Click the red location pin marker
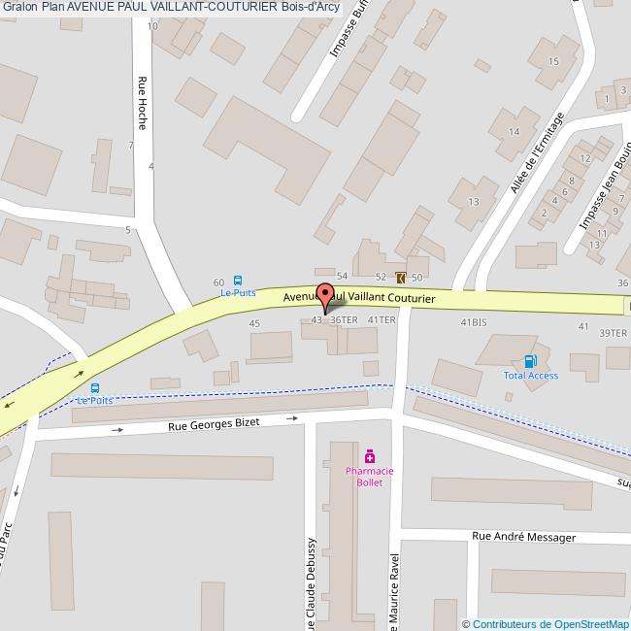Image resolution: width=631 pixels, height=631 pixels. pyautogui.click(x=326, y=295)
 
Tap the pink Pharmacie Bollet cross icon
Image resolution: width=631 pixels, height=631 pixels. pyautogui.click(x=370, y=456)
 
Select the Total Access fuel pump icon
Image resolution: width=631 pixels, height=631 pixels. pyautogui.click(x=530, y=361)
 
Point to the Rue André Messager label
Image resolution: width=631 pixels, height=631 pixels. pyautogui.click(x=523, y=537)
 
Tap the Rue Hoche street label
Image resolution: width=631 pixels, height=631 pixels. pyautogui.click(x=142, y=103)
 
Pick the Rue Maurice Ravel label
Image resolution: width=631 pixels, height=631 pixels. pyautogui.click(x=395, y=592)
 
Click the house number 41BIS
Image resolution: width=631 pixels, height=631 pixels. pyautogui.click(x=473, y=321)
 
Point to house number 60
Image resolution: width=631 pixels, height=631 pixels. pyautogui.click(x=218, y=282)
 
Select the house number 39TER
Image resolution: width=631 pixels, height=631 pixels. pyautogui.click(x=613, y=333)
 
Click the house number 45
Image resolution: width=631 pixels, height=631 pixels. pyautogui.click(x=254, y=323)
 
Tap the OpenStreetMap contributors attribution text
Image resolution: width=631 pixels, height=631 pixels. pyautogui.click(x=546, y=624)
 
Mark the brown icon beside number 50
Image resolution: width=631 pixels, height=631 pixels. pyautogui.click(x=403, y=278)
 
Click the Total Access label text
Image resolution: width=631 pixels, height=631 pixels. pyautogui.click(x=530, y=376)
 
